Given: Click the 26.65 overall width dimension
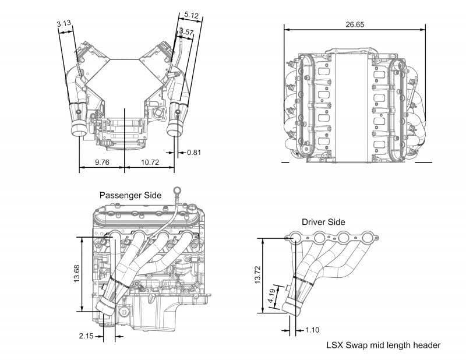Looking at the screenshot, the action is coord(355,24).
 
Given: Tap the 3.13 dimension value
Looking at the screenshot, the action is coord(64,23).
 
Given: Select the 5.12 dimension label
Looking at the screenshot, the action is coord(191,15).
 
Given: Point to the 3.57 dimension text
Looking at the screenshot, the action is coord(186,31).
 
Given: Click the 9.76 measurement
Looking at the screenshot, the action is coord(102,163).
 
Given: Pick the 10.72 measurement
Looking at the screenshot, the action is coord(150,163).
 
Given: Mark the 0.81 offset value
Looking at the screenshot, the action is coord(194,153).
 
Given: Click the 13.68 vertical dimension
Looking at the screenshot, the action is coord(77,273).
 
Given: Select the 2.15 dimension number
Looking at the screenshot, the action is coord(86,336).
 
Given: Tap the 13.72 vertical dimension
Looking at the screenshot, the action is coord(257,274).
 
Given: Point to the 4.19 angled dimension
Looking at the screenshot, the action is coord(271,297).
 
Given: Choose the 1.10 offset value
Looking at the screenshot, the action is coord(312,330).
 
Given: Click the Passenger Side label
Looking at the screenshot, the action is coord(130,195).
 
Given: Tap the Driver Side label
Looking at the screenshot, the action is coord(323,222).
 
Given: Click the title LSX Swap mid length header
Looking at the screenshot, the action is coord(383,345).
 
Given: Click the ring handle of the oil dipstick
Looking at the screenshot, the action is coord(177,189).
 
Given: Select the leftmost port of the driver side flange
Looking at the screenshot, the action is coord(296,238).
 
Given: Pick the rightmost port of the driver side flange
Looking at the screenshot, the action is coord(368,238).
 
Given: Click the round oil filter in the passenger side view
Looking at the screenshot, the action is coord(123,312).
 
